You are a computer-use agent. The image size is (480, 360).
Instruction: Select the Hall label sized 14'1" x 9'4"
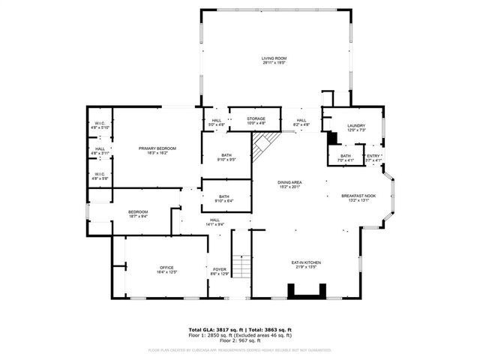tap(215, 222)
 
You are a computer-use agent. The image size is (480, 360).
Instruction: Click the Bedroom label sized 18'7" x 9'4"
tap(138, 214)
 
